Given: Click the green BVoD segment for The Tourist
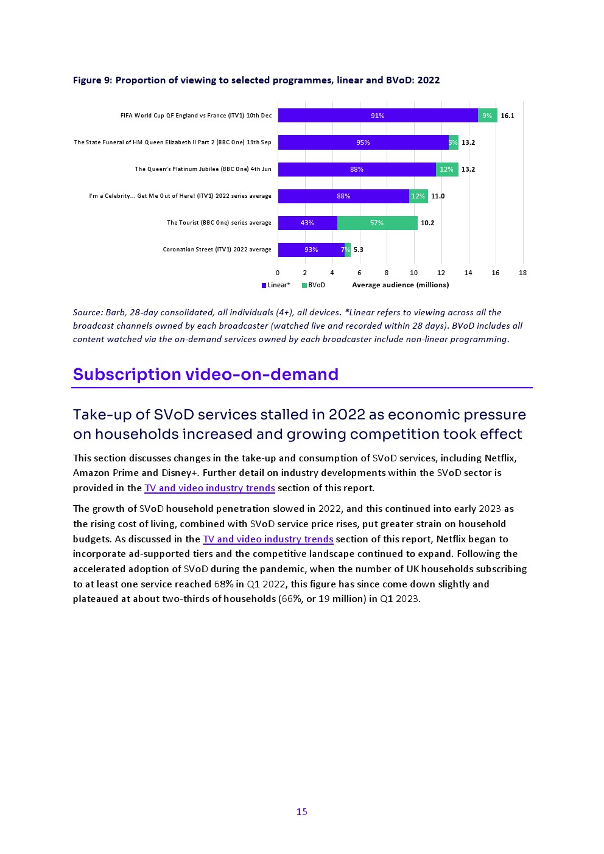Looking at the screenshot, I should (377, 223).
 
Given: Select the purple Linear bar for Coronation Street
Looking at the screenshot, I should (311, 250).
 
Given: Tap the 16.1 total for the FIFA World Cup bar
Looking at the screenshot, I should (507, 116).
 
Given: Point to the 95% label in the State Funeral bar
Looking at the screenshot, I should (363, 142).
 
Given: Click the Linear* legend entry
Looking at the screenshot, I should (276, 285).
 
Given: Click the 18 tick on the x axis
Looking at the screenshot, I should (522, 273).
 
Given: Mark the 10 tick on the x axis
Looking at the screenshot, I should (413, 273).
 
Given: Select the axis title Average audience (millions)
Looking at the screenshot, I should (400, 285).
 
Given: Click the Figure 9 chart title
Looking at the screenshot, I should (256, 80).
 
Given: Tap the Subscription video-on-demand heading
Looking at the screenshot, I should (205, 374).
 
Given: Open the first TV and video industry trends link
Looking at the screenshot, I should (209, 488).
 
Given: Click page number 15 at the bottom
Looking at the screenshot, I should (302, 811).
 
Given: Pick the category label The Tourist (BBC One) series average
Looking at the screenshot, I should (219, 223).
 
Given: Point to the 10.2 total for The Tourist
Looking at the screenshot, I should (427, 223).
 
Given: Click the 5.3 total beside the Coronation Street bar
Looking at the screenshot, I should (358, 250).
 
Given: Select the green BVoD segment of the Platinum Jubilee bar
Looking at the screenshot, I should (447, 169).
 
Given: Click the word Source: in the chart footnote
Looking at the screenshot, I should (88, 312).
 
